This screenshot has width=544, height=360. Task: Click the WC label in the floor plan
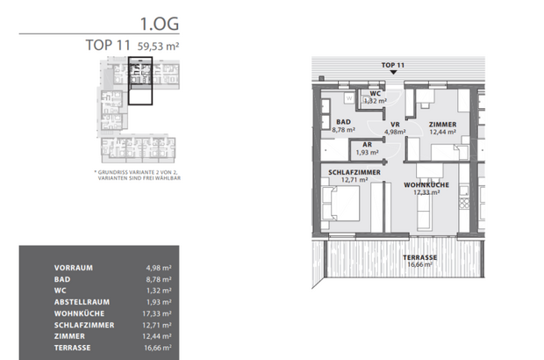376,93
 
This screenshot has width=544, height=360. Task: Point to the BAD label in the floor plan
343,122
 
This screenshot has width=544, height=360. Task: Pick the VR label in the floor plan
396,125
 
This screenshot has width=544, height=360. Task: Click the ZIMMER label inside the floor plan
442,125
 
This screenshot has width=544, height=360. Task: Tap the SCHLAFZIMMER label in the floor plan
354,173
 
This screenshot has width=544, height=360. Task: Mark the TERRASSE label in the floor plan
419,256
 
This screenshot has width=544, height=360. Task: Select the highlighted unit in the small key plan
140,81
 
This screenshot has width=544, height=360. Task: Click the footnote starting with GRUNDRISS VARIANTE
140,175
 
